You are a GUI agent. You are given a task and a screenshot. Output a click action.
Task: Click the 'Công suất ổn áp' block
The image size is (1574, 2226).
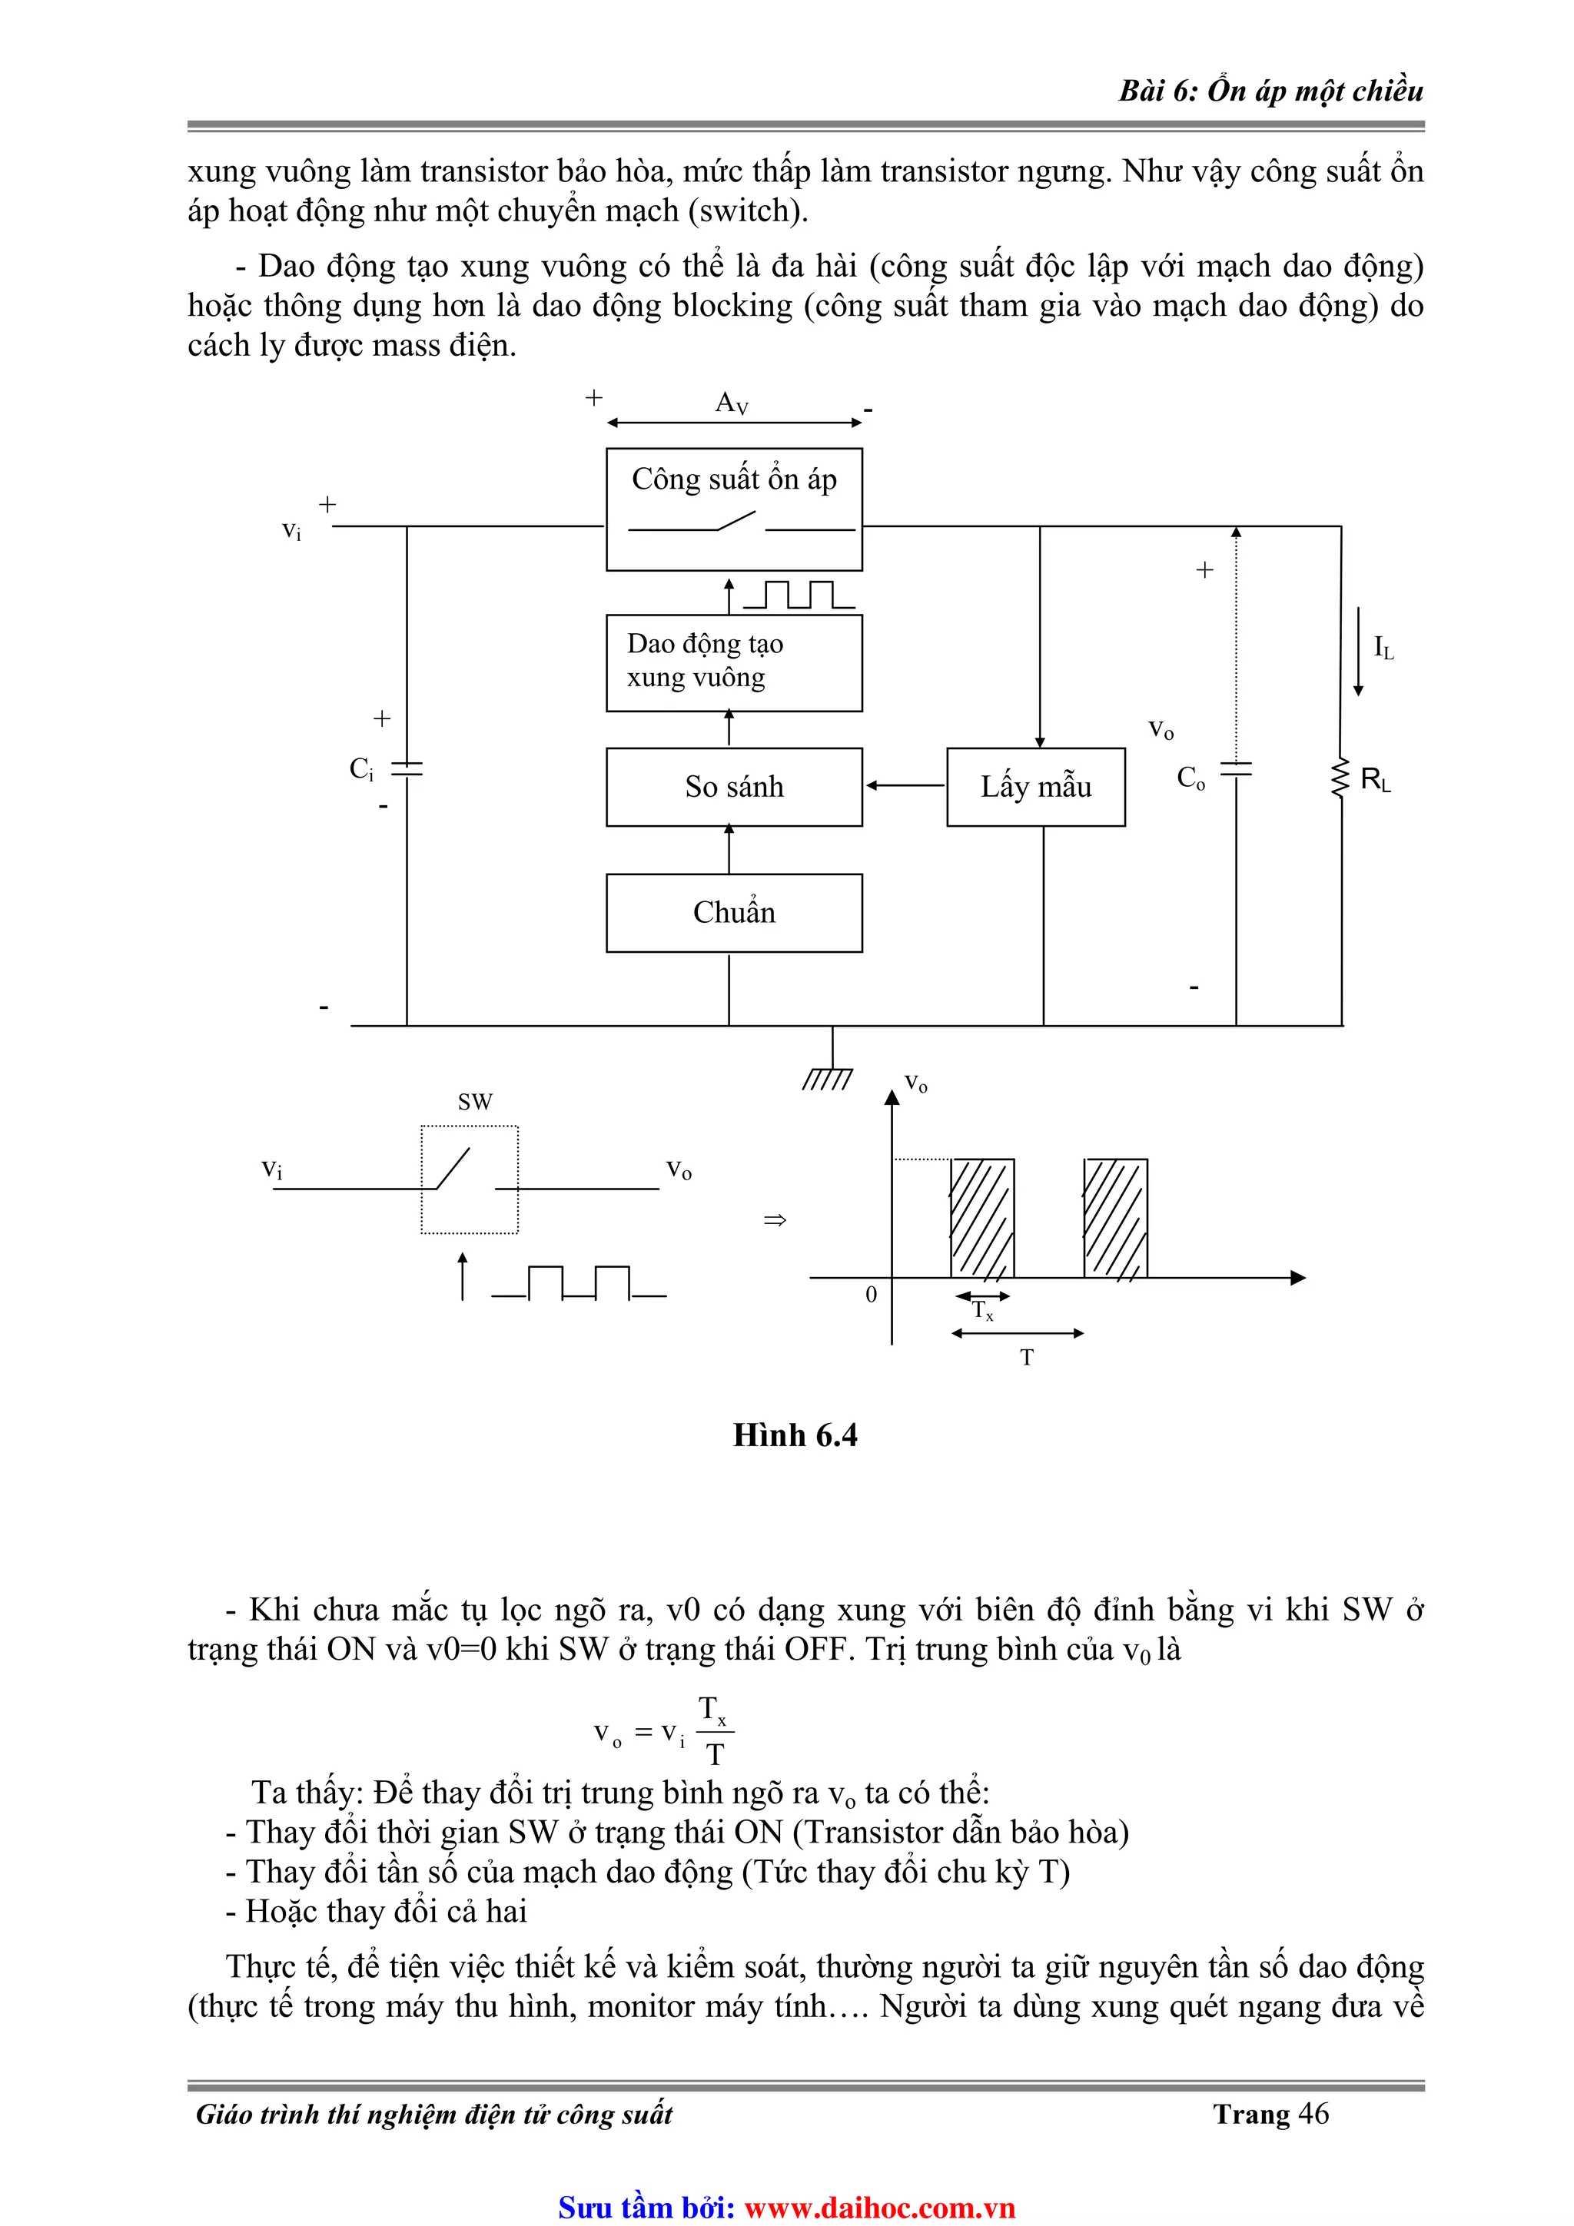click(x=733, y=508)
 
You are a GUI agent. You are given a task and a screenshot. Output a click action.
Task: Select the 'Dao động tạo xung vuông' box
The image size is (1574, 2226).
click(x=733, y=662)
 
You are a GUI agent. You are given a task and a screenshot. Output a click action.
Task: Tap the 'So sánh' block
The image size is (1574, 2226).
click(x=733, y=786)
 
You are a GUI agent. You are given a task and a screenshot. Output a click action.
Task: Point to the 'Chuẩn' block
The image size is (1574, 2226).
click(x=733, y=912)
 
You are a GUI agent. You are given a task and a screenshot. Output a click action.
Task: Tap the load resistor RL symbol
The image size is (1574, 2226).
click(x=1341, y=778)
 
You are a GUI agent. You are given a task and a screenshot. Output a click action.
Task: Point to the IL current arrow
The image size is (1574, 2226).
click(x=1358, y=652)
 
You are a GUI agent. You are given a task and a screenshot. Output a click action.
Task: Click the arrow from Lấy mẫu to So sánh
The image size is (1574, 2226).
click(x=904, y=785)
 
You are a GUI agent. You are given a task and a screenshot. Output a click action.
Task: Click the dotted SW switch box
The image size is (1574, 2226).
click(x=470, y=1179)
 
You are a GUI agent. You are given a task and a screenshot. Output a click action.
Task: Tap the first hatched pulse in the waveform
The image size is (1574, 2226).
click(x=981, y=1218)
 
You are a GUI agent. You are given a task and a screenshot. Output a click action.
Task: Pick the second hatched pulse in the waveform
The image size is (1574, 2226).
click(x=1115, y=1218)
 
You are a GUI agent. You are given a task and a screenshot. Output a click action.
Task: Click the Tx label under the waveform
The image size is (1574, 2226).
click(x=982, y=1311)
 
